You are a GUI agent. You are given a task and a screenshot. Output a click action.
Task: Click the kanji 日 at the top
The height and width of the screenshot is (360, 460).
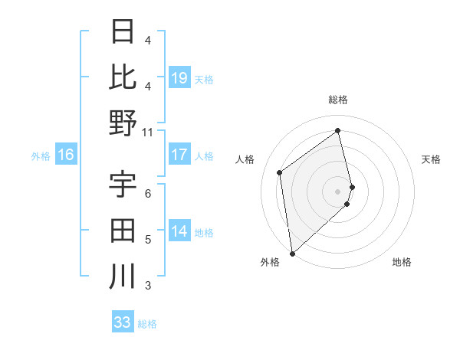[x=123, y=33]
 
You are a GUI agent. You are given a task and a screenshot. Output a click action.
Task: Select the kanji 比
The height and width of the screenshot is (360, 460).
[x=123, y=77]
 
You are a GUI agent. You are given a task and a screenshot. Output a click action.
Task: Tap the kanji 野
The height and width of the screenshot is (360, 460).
[x=123, y=123]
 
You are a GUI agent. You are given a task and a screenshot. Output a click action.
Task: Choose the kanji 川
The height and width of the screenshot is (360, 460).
[x=123, y=276]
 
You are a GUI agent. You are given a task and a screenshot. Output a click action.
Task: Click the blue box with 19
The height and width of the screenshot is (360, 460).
[x=179, y=77]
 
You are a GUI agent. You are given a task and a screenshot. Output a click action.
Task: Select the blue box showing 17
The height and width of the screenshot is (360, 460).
[x=179, y=155]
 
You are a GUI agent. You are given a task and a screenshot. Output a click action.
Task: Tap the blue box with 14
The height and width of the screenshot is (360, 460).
[x=179, y=231]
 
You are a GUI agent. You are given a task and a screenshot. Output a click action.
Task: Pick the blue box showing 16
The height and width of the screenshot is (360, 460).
[x=66, y=155]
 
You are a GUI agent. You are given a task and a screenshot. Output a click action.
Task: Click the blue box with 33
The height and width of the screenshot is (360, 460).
[x=123, y=322]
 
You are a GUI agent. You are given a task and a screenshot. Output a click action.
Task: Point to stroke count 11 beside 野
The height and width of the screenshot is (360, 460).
[x=148, y=132]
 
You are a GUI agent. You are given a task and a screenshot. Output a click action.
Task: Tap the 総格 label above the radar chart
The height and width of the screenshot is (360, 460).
[x=338, y=100]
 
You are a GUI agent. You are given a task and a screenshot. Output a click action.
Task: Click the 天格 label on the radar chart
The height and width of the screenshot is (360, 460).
[x=432, y=159]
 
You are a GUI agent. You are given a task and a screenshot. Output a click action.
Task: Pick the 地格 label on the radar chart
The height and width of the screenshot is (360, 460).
[x=402, y=262]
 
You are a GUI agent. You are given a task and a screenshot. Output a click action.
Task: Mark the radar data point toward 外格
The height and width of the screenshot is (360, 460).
[x=292, y=253]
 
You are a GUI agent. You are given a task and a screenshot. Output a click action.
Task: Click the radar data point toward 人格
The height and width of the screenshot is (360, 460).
[x=280, y=172]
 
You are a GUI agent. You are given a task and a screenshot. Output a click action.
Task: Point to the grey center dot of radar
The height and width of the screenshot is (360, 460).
[x=338, y=191]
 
